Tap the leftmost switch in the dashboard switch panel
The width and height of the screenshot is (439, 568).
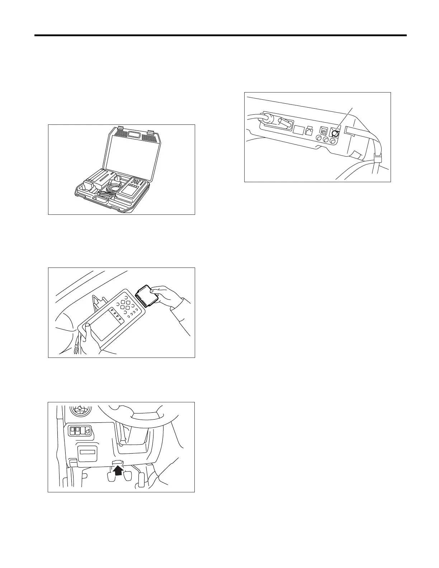(x=72, y=430)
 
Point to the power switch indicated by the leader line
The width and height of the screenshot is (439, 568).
(x=335, y=134)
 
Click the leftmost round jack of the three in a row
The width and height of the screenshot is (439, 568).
(x=318, y=139)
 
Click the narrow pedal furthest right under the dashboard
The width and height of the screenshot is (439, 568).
(x=141, y=479)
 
